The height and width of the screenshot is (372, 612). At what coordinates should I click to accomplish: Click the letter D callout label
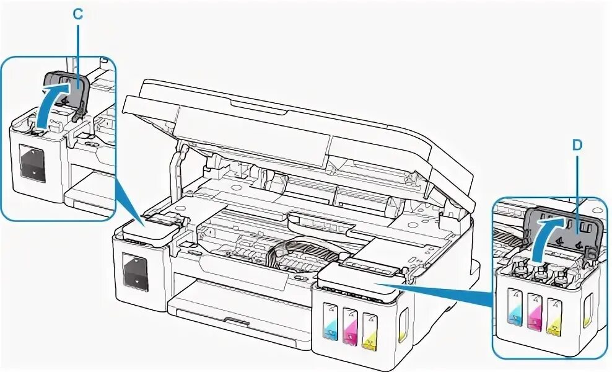577,145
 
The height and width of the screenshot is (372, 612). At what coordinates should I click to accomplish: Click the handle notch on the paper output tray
236,322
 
